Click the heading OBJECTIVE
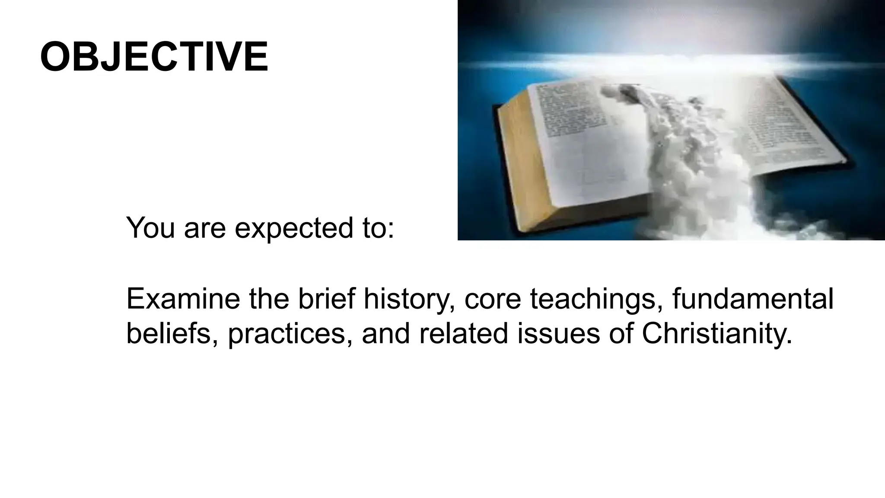(x=154, y=57)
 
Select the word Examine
(x=183, y=299)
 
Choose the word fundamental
(x=753, y=299)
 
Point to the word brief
(x=327, y=299)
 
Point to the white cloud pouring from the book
(x=691, y=173)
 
